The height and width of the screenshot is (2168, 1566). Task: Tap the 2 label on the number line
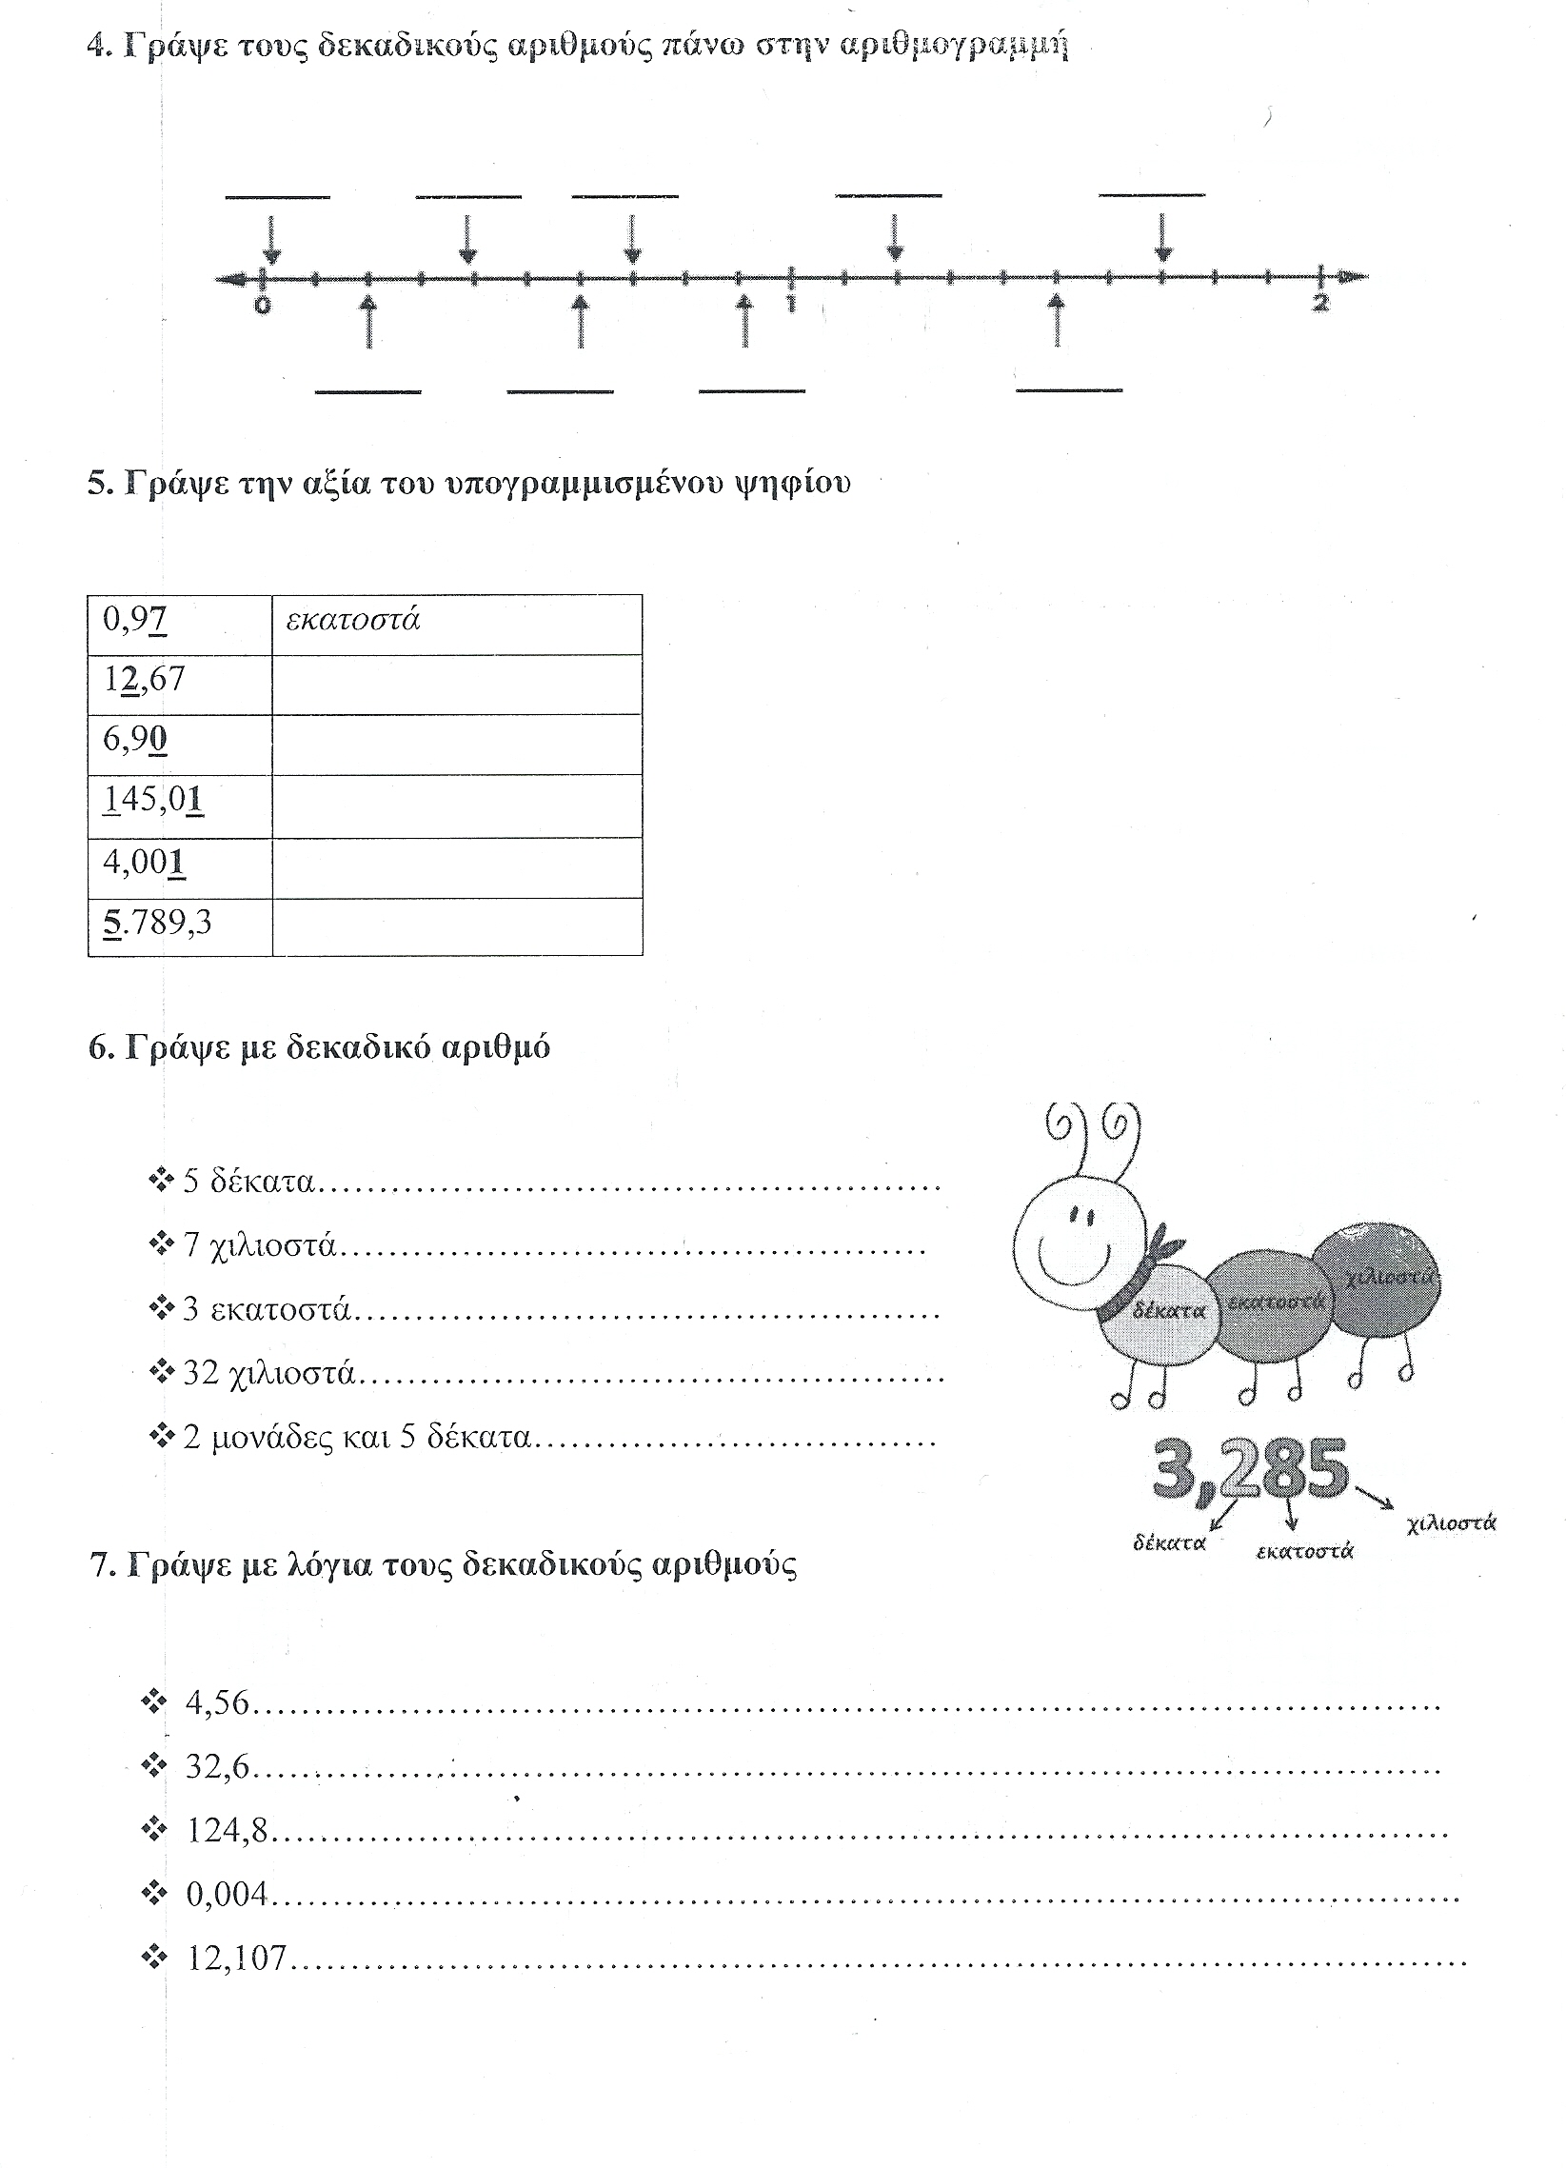tap(1320, 303)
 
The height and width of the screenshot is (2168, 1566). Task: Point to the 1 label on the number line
tap(791, 303)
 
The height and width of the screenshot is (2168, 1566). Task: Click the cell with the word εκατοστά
tap(354, 621)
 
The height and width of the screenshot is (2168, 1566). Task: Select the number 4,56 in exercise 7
tap(217, 1702)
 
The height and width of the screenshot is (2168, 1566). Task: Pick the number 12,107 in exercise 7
tap(236, 1958)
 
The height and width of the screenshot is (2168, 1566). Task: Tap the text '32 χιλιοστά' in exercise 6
tap(268, 1374)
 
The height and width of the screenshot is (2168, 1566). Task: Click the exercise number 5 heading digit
tap(97, 483)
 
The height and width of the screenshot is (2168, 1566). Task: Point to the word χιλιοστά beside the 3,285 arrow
tap(1450, 1522)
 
